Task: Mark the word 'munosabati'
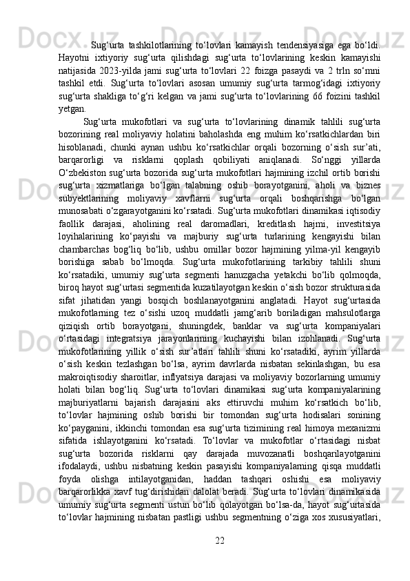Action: click(x=82, y=240)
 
